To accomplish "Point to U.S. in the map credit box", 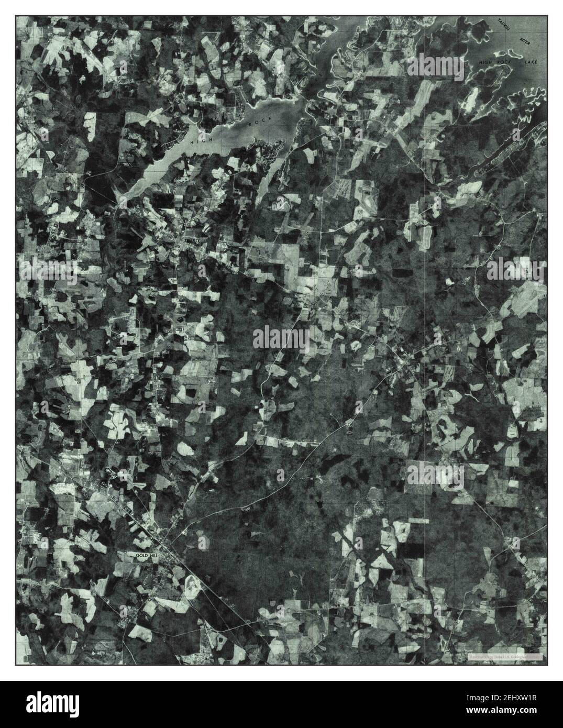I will point(512,656).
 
